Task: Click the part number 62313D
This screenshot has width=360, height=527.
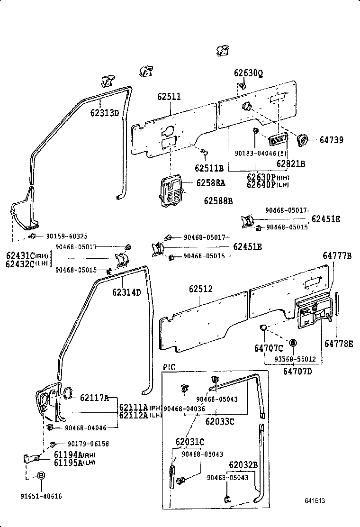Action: [105, 113]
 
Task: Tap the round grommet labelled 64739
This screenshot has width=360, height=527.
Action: [301, 140]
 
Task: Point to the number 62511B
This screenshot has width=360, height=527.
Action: [209, 168]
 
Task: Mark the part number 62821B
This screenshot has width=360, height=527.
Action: [291, 164]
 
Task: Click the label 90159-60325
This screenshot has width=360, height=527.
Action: [67, 236]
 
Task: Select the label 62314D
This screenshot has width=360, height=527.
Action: [126, 292]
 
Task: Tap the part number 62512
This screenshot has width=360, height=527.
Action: [201, 289]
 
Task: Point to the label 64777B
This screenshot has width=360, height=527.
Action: [337, 256]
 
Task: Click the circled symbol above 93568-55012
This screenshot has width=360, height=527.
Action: [293, 343]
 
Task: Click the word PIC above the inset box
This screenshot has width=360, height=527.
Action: [169, 367]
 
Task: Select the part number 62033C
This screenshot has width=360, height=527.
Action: [220, 420]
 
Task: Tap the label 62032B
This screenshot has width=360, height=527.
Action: [243, 465]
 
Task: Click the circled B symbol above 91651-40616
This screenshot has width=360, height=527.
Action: [41, 475]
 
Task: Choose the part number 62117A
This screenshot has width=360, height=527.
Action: [94, 398]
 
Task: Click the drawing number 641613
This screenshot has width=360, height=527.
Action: [315, 500]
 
